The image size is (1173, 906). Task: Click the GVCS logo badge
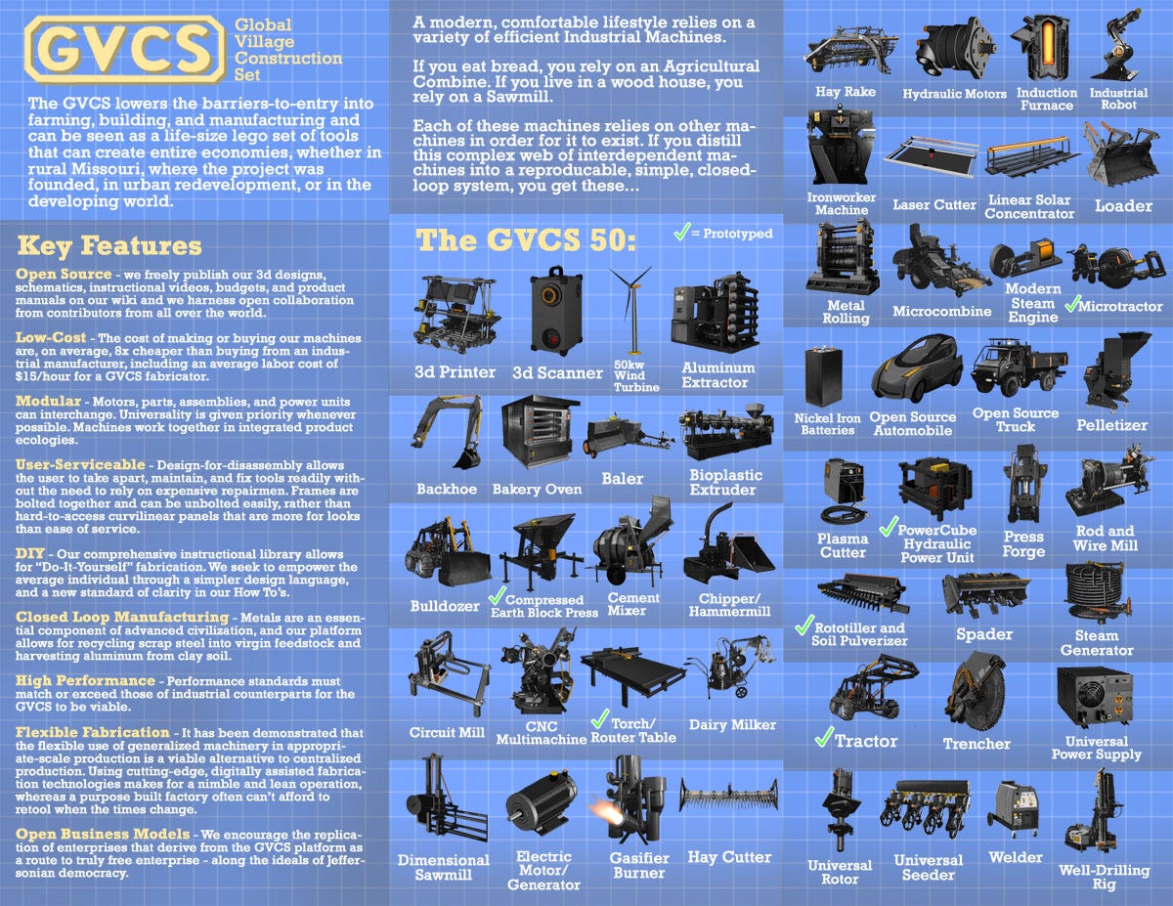click(125, 49)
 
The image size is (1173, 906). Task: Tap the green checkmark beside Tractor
click(824, 737)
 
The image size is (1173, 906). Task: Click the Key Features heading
click(109, 246)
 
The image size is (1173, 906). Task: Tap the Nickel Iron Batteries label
click(827, 424)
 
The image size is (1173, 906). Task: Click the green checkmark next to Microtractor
click(1072, 303)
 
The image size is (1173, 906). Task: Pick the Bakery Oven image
click(540, 433)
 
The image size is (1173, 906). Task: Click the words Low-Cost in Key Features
click(50, 337)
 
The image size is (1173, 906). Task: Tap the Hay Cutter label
click(729, 857)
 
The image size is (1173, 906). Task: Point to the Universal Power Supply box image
click(1095, 697)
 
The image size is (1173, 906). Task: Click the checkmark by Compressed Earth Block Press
click(497, 596)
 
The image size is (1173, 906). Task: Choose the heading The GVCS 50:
click(525, 240)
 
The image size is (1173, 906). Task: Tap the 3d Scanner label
click(557, 373)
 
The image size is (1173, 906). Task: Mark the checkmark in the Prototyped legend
click(681, 232)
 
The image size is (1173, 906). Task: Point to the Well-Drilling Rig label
click(1104, 877)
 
